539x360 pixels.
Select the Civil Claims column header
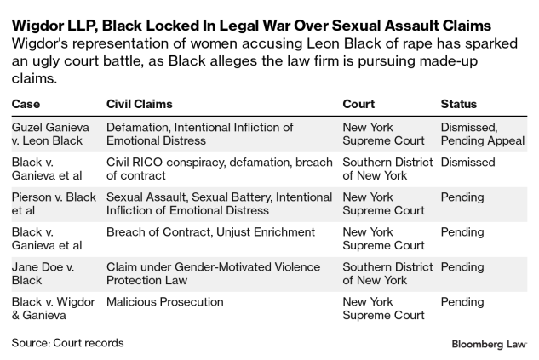(140, 104)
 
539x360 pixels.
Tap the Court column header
(358, 104)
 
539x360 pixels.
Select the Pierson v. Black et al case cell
(53, 203)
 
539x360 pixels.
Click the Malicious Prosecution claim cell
(165, 301)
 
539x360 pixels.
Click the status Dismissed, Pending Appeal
(482, 134)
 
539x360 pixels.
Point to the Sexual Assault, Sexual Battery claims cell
(219, 203)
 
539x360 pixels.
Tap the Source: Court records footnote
(67, 343)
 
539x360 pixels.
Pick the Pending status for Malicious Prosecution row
(462, 301)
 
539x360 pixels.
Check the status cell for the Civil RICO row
(467, 162)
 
